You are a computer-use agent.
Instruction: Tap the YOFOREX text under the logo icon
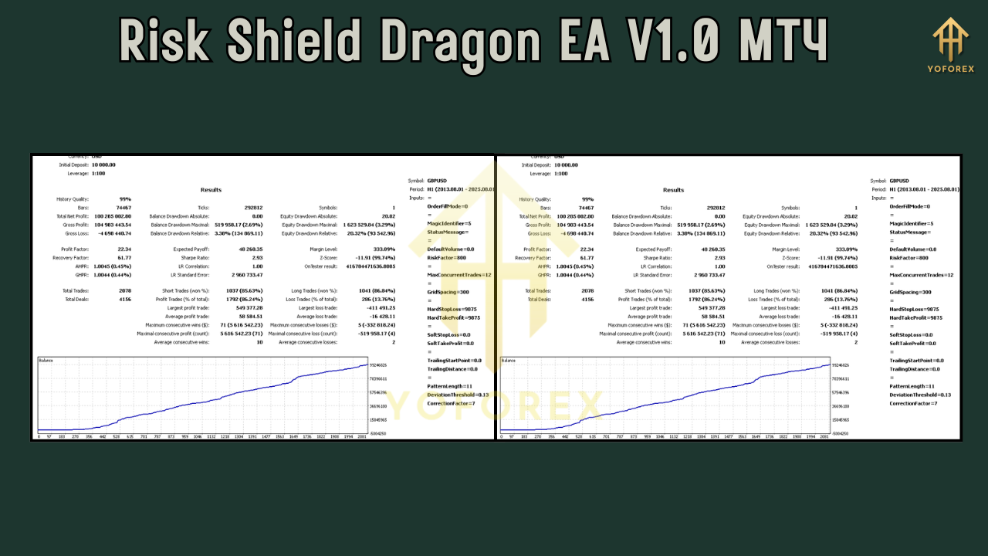click(951, 68)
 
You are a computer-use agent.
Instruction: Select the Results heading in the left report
click(211, 190)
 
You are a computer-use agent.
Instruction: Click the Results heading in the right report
click(673, 190)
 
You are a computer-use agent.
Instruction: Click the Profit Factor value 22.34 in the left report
click(123, 249)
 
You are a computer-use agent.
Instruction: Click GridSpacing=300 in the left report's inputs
click(448, 292)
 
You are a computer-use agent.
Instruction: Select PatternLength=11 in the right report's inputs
click(912, 386)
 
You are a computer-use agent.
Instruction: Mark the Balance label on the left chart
click(46, 361)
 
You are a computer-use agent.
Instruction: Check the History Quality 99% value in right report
click(587, 199)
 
